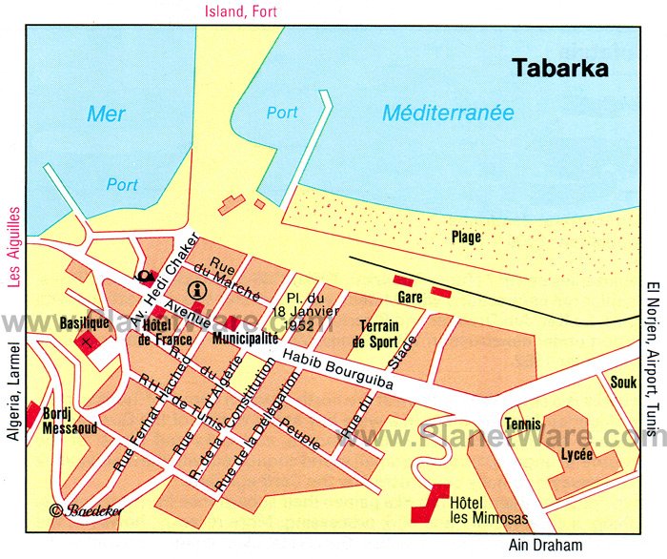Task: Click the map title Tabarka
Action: click(561, 69)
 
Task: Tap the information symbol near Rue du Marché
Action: click(198, 290)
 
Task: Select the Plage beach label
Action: click(467, 237)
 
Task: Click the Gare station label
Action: click(410, 298)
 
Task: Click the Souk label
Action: click(623, 382)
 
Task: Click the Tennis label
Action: click(522, 424)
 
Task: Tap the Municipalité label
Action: click(245, 338)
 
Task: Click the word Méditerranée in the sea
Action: click(448, 114)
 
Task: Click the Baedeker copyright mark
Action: click(86, 510)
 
